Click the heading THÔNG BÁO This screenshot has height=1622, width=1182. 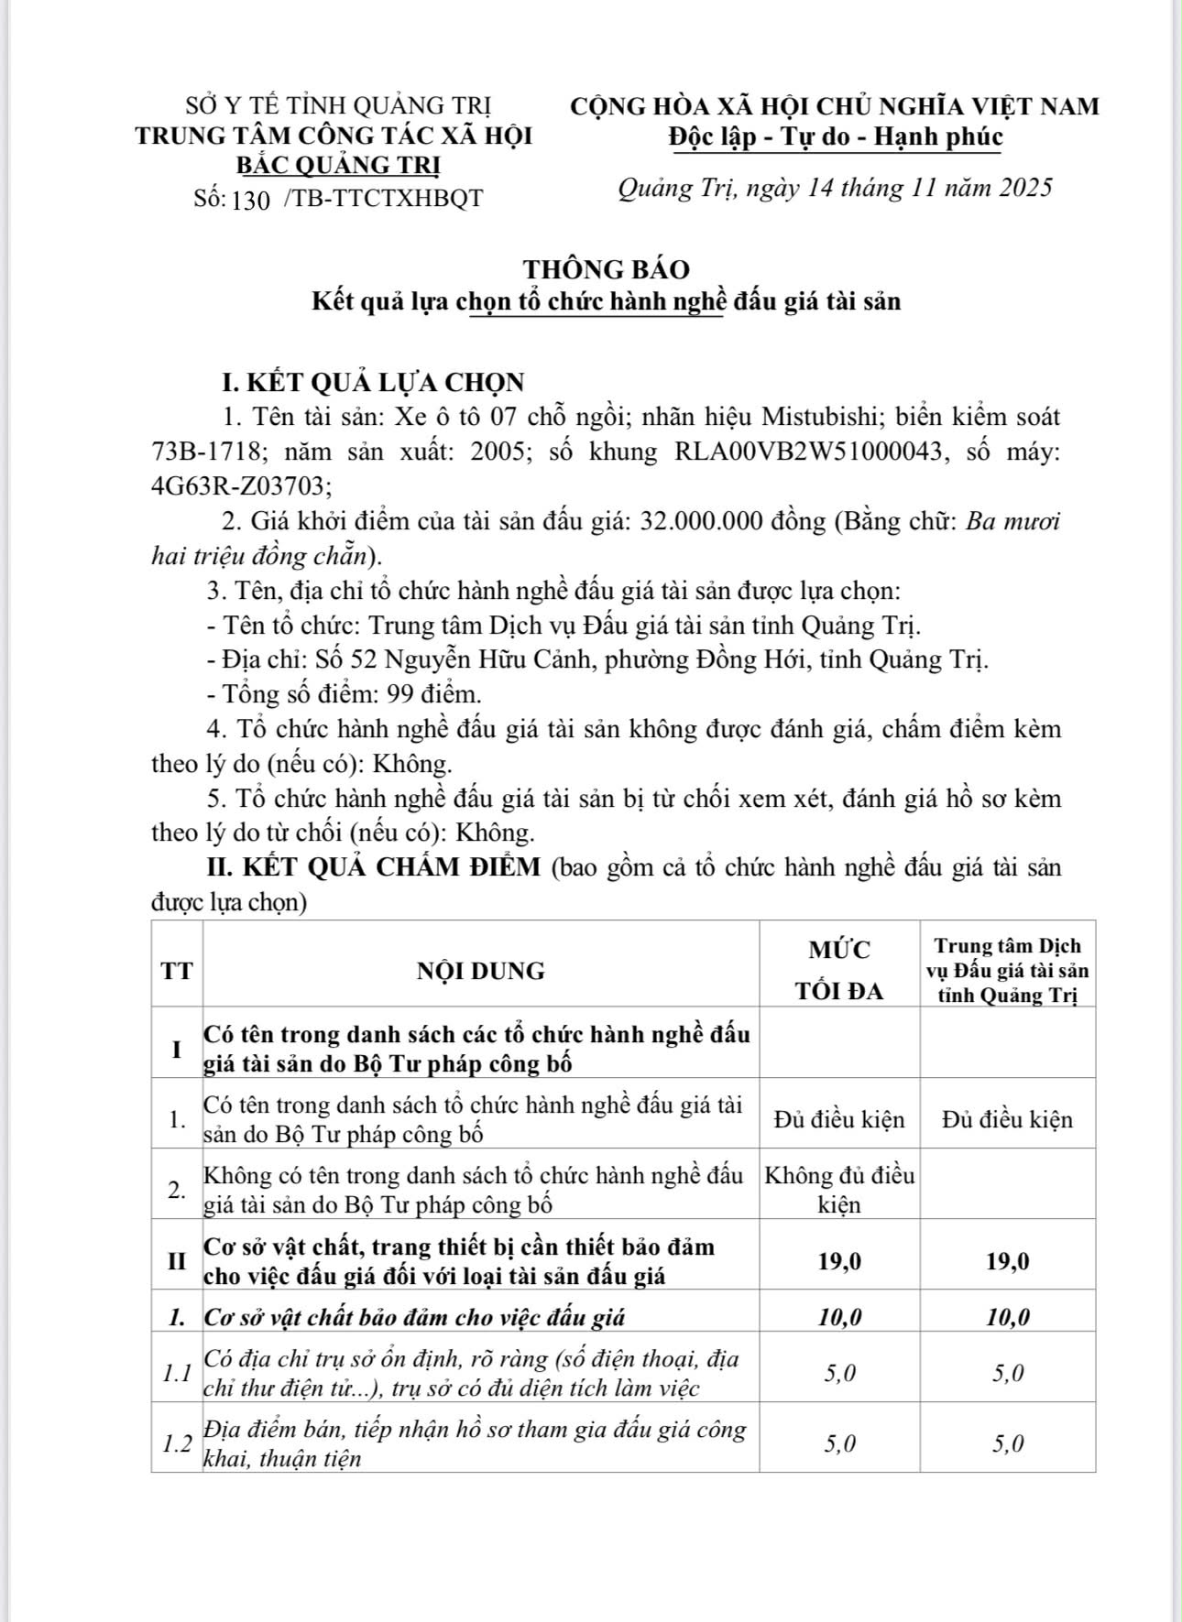tap(607, 269)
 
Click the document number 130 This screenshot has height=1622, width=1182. tap(251, 200)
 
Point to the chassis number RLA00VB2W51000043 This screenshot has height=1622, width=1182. tap(807, 452)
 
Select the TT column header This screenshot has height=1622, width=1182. tap(177, 971)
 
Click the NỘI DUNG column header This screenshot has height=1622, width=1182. tap(480, 971)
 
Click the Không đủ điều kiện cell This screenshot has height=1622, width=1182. tap(839, 1190)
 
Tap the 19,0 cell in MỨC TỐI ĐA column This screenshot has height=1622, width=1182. tap(839, 1261)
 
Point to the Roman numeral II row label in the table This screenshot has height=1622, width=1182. tap(177, 1261)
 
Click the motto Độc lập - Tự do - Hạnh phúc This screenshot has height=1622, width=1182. tap(835, 137)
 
